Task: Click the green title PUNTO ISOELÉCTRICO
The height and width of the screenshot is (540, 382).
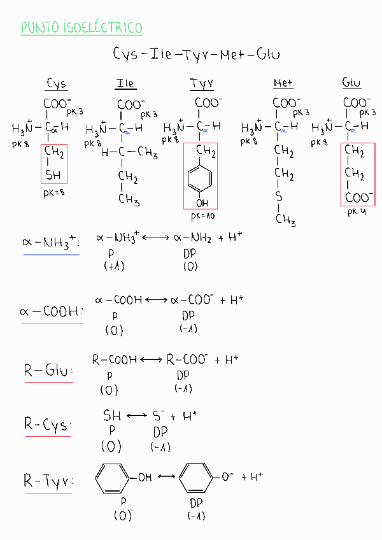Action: pos(81,27)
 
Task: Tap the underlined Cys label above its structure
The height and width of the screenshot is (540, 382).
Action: pos(57,84)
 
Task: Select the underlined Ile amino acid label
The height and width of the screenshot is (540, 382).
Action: pos(125,84)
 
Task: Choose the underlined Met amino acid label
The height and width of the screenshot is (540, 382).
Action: pos(283,83)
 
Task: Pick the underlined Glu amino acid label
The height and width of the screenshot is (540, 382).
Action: pos(351,83)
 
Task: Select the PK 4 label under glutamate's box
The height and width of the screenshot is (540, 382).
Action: pos(357,213)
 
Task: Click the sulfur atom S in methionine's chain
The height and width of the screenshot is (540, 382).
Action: pos(279,197)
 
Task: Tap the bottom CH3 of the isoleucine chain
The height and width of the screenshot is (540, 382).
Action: pos(129,200)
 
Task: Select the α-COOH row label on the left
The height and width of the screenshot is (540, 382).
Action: pos(51,311)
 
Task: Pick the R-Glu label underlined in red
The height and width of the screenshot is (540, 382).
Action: pos(48,370)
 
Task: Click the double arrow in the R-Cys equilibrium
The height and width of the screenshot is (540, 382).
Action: pos(137,416)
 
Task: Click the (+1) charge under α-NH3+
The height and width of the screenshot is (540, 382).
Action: pos(114,266)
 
